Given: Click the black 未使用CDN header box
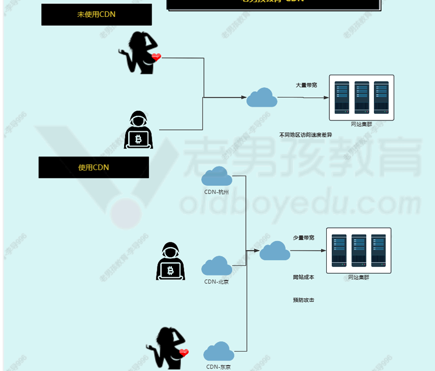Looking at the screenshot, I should pyautogui.click(x=96, y=14).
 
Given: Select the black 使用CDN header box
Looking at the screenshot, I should pyautogui.click(x=93, y=168).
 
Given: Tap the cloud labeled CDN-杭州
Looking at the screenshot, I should pyautogui.click(x=216, y=177).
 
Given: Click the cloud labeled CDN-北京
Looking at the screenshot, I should pyautogui.click(x=216, y=266).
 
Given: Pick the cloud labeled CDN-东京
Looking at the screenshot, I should pyautogui.click(x=219, y=352).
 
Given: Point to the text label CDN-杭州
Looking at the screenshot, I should pyautogui.click(x=216, y=193).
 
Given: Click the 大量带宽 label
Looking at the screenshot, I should pyautogui.click(x=306, y=85).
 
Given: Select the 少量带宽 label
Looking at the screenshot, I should pyautogui.click(x=304, y=238).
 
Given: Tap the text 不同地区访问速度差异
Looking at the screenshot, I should pyautogui.click(x=306, y=135).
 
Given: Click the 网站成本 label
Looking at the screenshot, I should pyautogui.click(x=303, y=277).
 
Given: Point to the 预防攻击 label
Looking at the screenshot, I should pyautogui.click(x=303, y=300).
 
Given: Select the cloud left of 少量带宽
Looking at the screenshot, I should pyautogui.click(x=274, y=251).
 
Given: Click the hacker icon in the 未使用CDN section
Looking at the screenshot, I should pyautogui.click(x=139, y=130).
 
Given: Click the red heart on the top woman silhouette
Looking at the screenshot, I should pyautogui.click(x=156, y=57).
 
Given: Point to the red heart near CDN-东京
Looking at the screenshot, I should pyautogui.click(x=184, y=353).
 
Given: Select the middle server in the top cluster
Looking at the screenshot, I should pyautogui.click(x=362, y=97).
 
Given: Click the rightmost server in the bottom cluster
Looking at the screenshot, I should pyautogui.click(x=378, y=251).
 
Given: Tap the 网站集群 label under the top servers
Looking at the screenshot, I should pyautogui.click(x=361, y=125).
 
